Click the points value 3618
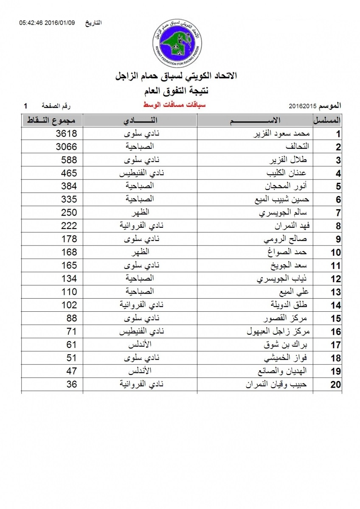point(67,134)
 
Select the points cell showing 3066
point(67,147)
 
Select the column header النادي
point(140,120)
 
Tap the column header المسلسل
point(327,120)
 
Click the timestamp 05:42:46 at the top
point(31,22)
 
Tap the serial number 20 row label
point(336,385)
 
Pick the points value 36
point(72,385)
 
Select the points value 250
point(69,213)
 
